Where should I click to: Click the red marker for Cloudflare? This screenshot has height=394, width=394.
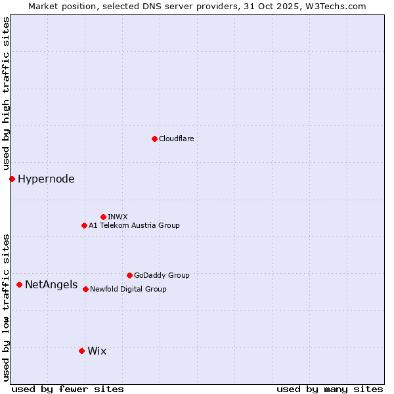pos(154,139)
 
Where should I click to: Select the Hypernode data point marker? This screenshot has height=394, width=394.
pos(12,179)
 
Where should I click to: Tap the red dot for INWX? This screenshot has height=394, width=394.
pos(103,217)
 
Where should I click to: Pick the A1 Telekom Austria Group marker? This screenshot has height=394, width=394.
pos(84,225)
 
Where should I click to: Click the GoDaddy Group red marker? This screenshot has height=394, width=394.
pos(129,275)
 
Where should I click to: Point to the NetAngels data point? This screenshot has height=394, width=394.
pos(19,284)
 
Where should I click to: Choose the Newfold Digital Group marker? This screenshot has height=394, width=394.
pos(85,289)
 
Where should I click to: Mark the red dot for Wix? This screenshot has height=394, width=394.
pos(81,351)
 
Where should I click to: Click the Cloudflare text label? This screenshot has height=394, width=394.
pos(176,139)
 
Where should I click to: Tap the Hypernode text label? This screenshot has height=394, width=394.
pos(46,179)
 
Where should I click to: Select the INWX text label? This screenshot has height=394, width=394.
pos(118,217)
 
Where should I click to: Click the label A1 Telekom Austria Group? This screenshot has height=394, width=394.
pos(134,225)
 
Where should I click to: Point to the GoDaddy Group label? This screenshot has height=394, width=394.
pos(162,275)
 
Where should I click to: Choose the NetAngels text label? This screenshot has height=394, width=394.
pos(51,284)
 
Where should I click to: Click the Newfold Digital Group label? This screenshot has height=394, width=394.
pos(128,289)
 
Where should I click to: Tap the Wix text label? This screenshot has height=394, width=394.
pos(97,351)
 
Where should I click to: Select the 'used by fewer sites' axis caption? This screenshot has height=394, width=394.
pos(68,389)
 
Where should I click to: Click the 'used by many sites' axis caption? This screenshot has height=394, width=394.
pos(330,389)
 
